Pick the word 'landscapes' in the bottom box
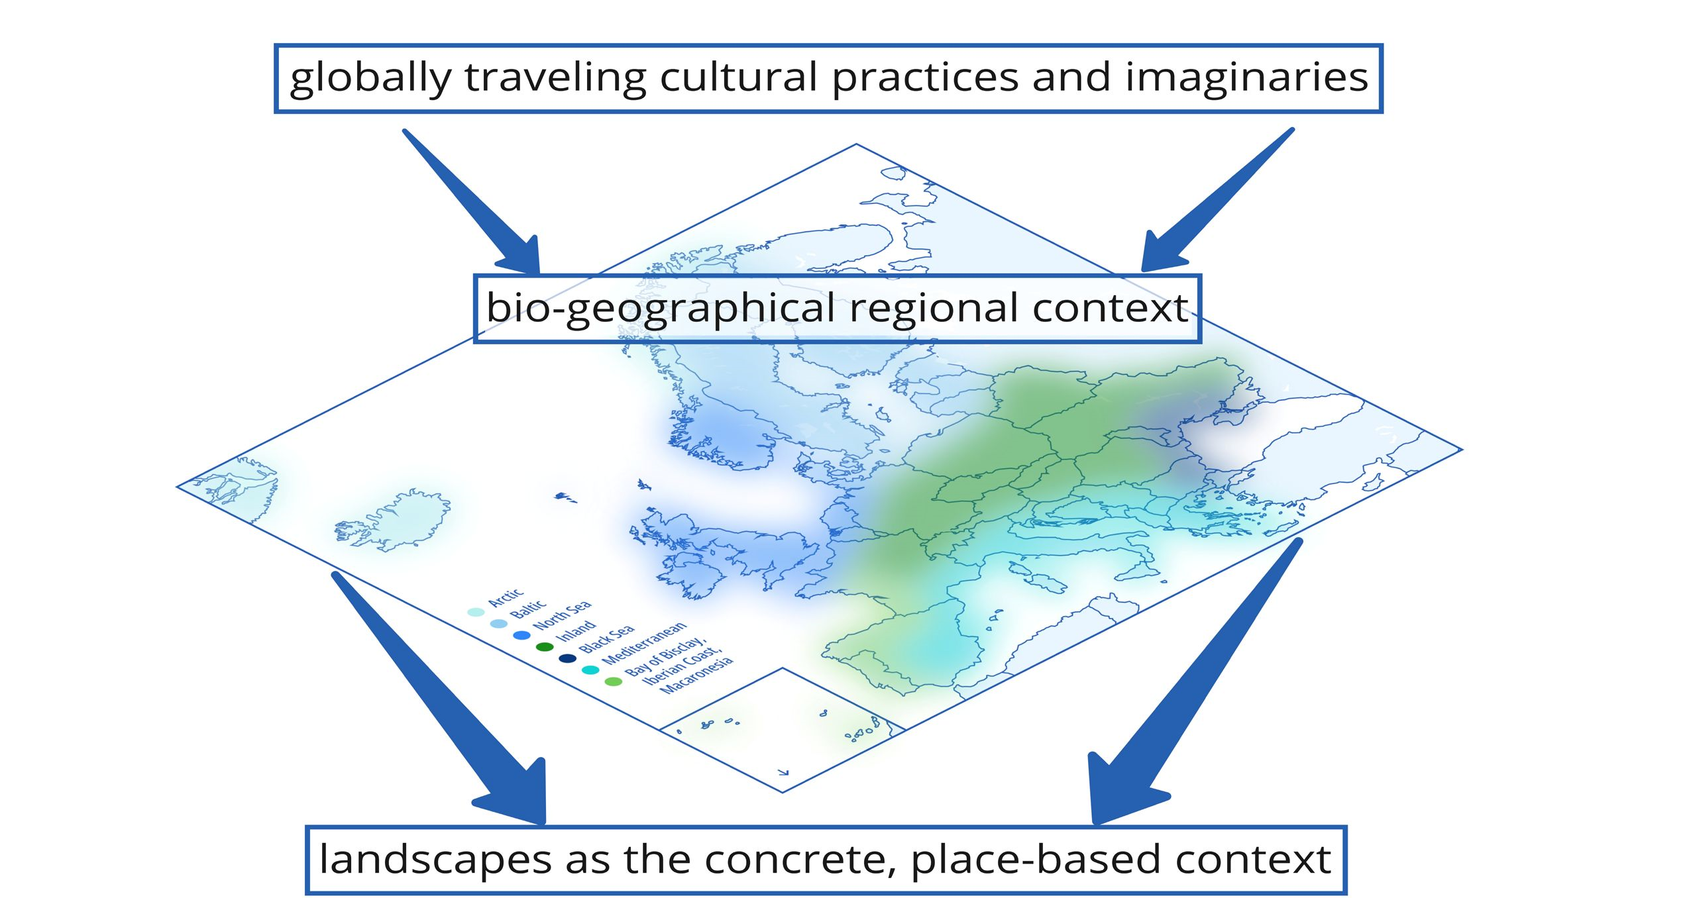coord(435,860)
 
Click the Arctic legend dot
coord(476,612)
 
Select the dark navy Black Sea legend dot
coord(568,658)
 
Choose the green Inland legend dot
coord(545,647)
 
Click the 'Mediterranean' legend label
coord(644,643)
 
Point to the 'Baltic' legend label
coord(528,609)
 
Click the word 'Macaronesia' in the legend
coord(698,675)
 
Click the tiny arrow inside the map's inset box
coord(783,772)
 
